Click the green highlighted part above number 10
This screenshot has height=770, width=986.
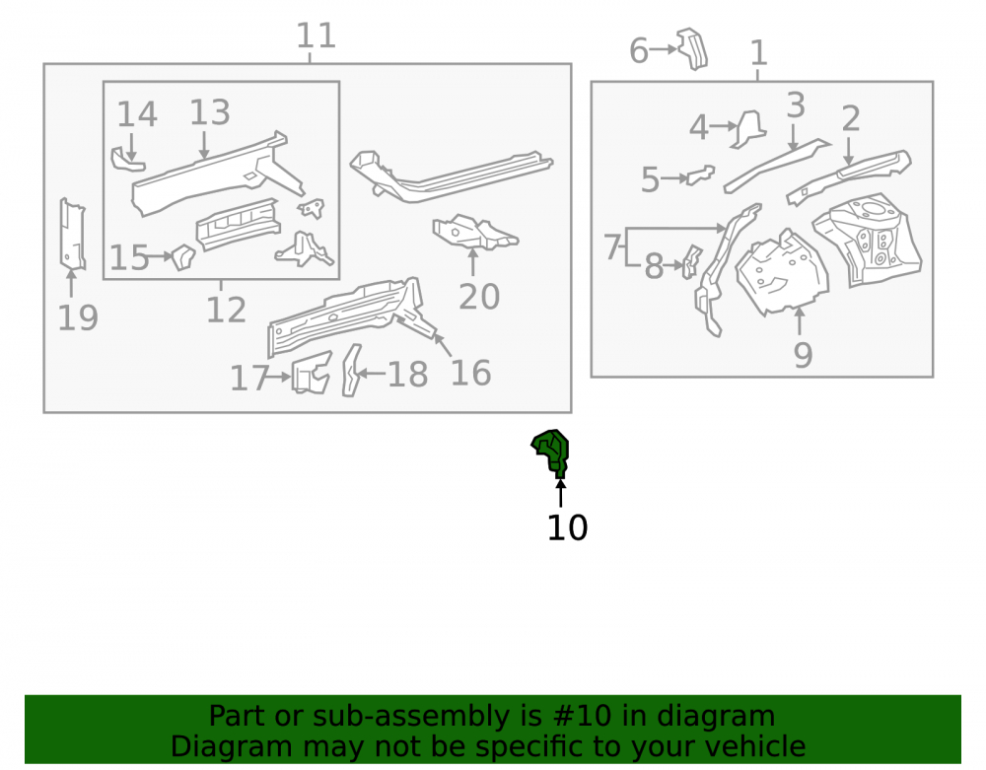coord(552,453)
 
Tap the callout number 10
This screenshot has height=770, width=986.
coord(567,528)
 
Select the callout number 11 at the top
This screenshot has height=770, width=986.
coord(316,35)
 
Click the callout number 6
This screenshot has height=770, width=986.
coord(638,51)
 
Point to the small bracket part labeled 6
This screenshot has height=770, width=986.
coord(692,48)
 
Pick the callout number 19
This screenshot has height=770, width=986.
coord(78,317)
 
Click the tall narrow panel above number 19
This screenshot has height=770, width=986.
coord(72,234)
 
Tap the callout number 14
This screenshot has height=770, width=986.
coord(136,114)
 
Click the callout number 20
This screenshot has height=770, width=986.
coord(479,297)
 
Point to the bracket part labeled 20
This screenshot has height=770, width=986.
coord(475,232)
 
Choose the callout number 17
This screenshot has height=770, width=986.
coord(249,379)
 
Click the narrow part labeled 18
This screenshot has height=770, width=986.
coord(352,371)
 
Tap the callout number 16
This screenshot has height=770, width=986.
coord(470,374)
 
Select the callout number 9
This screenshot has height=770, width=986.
coord(803,355)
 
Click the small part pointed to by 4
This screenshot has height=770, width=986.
coord(749,129)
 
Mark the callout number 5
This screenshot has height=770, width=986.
coord(650,180)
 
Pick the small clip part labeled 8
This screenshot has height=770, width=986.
coord(692,261)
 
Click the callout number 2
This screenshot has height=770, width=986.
coord(850,118)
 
